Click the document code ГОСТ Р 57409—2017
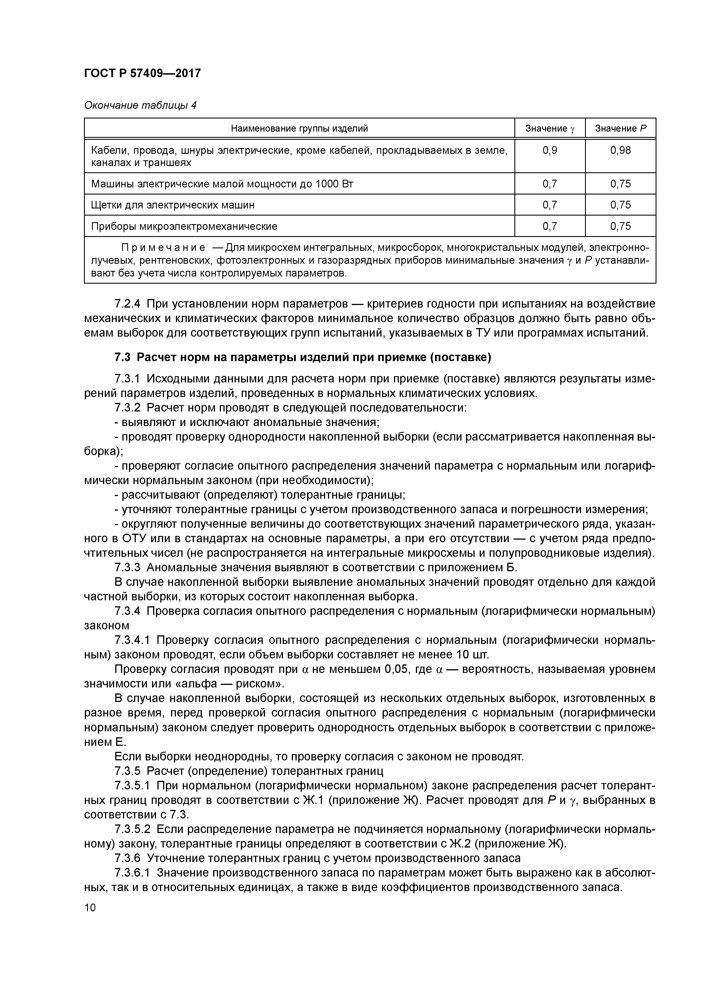[142, 73]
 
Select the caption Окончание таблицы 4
[140, 105]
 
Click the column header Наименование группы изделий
[299, 128]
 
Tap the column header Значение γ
[549, 128]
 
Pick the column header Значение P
[620, 128]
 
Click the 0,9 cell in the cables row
[549, 151]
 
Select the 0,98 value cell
[620, 151]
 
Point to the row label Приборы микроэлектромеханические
[184, 226]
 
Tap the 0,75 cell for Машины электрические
[620, 184]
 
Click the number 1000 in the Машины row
[328, 184]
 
